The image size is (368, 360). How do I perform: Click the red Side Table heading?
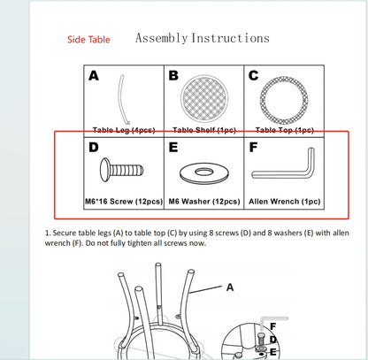click(x=88, y=40)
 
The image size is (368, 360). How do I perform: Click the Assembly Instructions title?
click(x=203, y=38)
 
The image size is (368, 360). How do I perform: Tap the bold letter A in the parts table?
click(x=94, y=76)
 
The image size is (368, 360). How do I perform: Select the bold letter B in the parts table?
click(x=173, y=76)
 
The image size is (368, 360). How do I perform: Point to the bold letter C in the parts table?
click(x=253, y=76)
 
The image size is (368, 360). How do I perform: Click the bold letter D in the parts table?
click(x=94, y=147)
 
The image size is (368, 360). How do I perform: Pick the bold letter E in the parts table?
click(x=173, y=147)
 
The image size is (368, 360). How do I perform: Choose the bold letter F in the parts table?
click(x=253, y=147)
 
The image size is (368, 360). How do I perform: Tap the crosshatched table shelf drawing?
click(x=204, y=98)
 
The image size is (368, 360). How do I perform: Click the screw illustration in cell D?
click(x=121, y=170)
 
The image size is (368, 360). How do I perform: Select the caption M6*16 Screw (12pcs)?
click(x=124, y=202)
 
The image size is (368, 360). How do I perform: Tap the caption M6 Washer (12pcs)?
click(x=204, y=202)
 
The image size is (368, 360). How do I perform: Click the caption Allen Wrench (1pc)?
click(x=285, y=202)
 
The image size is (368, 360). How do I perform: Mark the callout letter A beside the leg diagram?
click(x=230, y=287)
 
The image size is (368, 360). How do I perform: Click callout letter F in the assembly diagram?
click(x=273, y=326)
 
